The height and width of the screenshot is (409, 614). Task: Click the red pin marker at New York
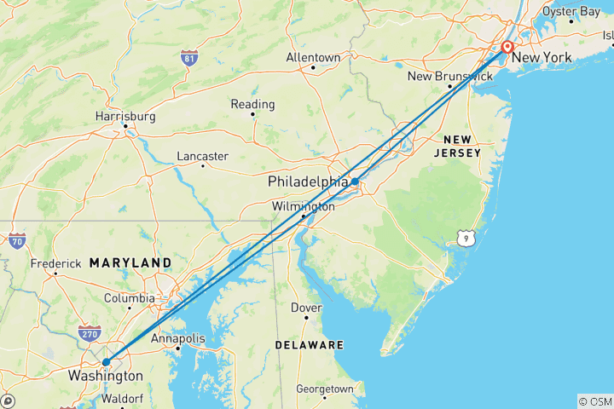507,48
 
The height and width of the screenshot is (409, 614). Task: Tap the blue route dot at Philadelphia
354,181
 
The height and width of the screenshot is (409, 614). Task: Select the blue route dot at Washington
106,362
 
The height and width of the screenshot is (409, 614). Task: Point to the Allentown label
313,58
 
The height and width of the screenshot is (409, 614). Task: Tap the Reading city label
252,105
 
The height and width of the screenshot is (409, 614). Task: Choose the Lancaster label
202,156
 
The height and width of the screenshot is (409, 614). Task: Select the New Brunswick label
449,77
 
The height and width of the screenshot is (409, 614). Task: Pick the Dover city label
306,308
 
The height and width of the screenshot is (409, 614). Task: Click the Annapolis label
178,339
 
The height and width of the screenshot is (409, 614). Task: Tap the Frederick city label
55,264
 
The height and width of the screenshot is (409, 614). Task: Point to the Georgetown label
324,389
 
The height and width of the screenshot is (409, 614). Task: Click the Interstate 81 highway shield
189,58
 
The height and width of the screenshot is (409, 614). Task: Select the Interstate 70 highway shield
17,241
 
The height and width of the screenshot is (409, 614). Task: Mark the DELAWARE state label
310,345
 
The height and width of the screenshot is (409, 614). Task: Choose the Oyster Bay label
571,11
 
